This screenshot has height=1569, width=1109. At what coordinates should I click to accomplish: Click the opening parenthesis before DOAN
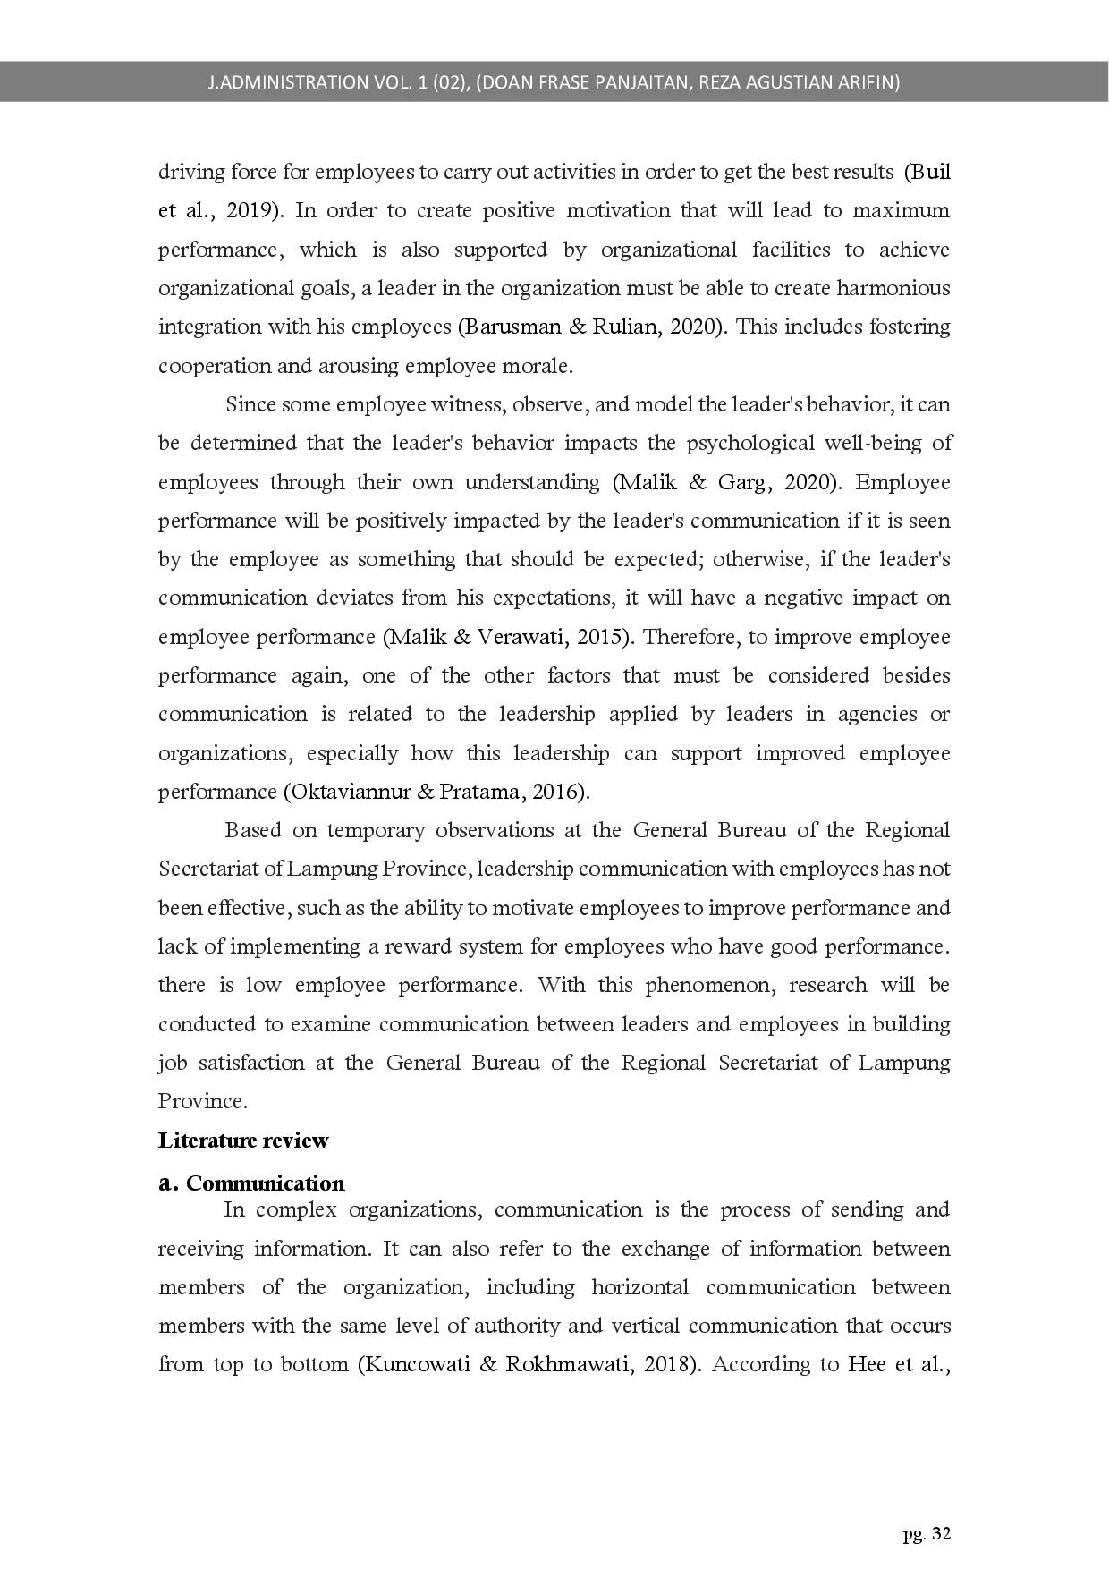point(479,82)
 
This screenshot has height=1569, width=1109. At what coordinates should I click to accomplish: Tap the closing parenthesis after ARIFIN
point(897,82)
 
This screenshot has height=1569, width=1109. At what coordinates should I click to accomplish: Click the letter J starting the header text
point(211,82)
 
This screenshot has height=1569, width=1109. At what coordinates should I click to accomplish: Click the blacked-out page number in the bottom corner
point(926,1534)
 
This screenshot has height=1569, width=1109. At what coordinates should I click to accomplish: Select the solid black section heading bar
point(242,1141)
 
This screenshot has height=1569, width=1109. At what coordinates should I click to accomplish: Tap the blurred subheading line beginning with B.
point(254,1183)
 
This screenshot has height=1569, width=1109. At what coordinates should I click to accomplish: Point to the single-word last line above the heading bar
point(203,1099)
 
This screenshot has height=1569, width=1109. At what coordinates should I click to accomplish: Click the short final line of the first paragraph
point(365,367)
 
